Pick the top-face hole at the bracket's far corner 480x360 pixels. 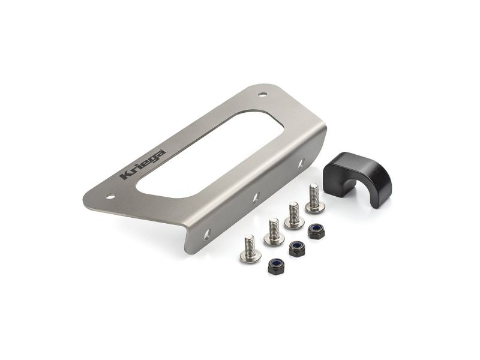point(263,94)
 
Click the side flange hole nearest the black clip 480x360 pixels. point(301,161)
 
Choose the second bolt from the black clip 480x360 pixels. point(294,215)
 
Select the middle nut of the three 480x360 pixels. point(295,247)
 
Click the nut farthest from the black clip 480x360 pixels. point(275,266)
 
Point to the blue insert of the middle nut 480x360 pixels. point(295,246)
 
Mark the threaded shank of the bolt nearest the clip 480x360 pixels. point(313,193)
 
